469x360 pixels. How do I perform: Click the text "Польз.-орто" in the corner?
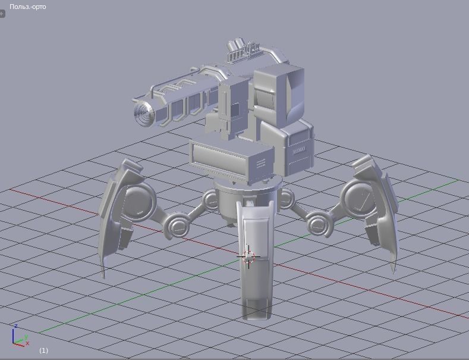pyautogui.click(x=28, y=7)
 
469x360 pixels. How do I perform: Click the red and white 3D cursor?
pyautogui.click(x=248, y=257)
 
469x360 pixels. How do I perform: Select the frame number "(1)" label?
pyautogui.click(x=43, y=350)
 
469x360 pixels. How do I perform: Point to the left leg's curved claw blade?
pyautogui.click(x=113, y=220)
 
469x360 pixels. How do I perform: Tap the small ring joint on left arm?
pyautogui.click(x=177, y=226)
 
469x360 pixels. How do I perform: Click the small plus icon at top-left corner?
pyautogui.click(x=2, y=14)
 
